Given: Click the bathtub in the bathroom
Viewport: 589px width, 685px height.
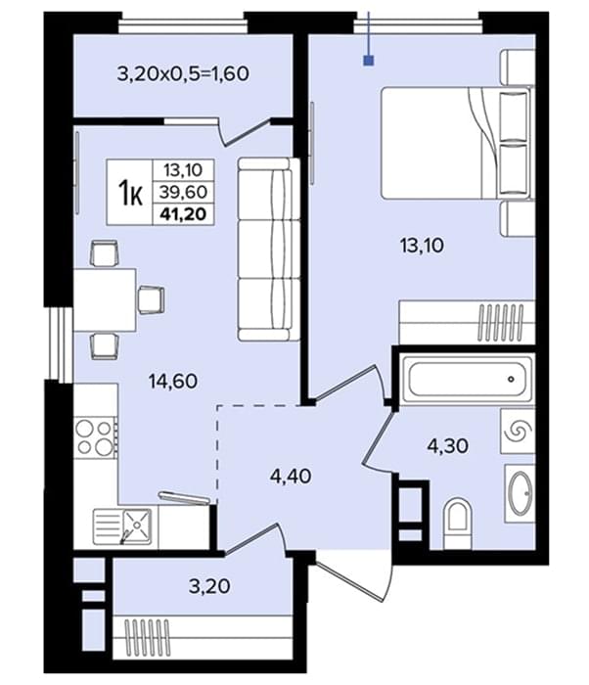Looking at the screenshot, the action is (x=467, y=379).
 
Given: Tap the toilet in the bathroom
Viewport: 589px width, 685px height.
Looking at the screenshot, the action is (x=458, y=525).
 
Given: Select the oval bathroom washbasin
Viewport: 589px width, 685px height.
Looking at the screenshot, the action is (x=521, y=493).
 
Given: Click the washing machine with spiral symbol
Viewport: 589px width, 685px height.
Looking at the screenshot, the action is (x=518, y=431).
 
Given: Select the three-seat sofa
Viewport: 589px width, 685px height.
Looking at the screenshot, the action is (x=269, y=250).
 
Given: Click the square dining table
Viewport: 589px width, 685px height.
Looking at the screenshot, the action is (x=105, y=300).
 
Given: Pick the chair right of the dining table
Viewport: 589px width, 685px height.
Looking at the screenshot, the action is (x=152, y=299).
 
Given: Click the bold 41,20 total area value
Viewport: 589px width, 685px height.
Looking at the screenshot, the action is (x=183, y=214).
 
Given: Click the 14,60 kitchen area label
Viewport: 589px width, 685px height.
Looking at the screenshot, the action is (x=173, y=382).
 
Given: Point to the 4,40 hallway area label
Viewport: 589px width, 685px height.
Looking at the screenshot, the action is (x=291, y=476).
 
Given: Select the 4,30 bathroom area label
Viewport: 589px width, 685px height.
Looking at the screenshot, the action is (x=448, y=446).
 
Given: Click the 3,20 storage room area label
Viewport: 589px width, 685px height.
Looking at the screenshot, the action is (x=209, y=586).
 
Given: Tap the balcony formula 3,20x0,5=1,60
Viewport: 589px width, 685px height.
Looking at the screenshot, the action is (x=183, y=73).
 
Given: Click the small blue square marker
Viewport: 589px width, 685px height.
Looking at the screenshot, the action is (x=369, y=61).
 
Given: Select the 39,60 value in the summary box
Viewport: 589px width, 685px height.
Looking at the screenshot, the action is (x=183, y=192).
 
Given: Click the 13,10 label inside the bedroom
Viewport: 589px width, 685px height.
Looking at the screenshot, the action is (x=422, y=245).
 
